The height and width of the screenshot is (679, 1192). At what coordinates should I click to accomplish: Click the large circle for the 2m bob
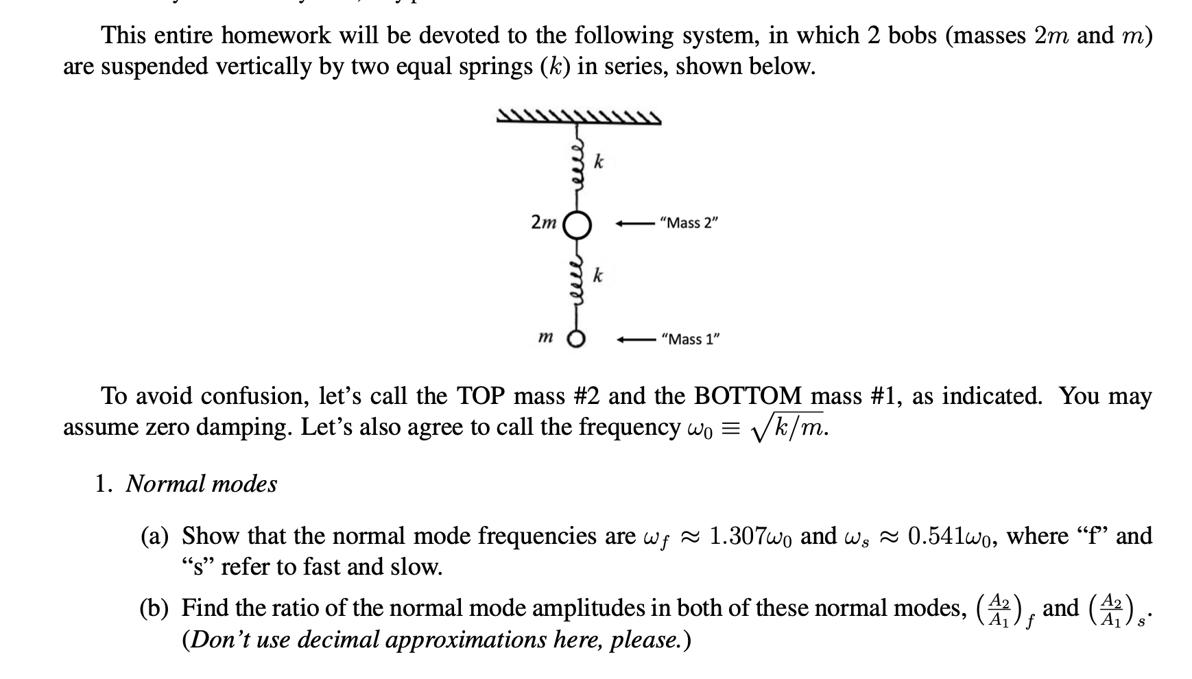pyautogui.click(x=577, y=224)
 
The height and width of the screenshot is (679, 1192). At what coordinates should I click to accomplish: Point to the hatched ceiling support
pyautogui.click(x=579, y=118)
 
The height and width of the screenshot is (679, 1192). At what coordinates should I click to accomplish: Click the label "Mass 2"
pyautogui.click(x=688, y=223)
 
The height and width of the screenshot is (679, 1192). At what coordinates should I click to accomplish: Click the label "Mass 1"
pyautogui.click(x=689, y=339)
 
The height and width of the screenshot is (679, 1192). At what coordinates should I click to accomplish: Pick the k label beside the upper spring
pyautogui.click(x=599, y=162)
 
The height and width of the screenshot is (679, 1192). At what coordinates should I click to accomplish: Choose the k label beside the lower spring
pyautogui.click(x=599, y=276)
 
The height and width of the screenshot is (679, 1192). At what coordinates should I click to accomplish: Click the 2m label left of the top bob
pyautogui.click(x=544, y=222)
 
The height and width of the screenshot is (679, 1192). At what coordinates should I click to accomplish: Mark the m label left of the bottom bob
pyautogui.click(x=546, y=337)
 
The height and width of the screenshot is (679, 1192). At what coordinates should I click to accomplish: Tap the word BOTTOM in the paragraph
pyautogui.click(x=748, y=396)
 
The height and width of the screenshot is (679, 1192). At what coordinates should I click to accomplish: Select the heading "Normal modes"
pyautogui.click(x=201, y=484)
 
